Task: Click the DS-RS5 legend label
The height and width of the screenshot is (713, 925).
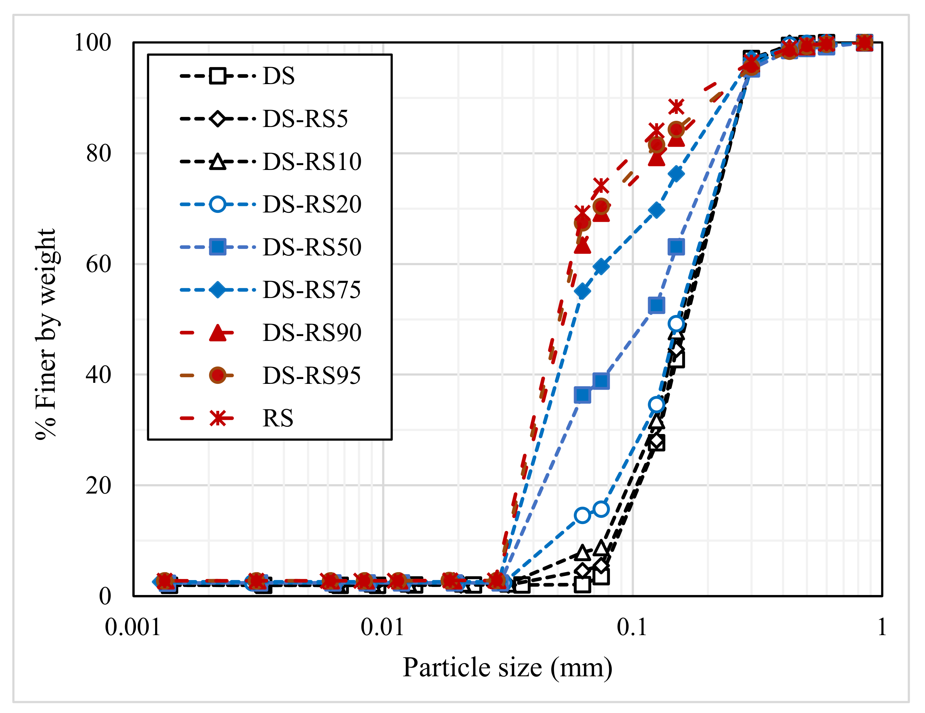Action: (x=305, y=119)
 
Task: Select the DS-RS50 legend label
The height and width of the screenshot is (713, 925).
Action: (x=312, y=247)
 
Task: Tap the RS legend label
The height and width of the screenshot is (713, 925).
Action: (x=278, y=418)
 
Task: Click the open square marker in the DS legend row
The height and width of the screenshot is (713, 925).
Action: (x=218, y=76)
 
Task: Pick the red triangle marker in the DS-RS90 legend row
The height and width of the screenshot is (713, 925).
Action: (x=218, y=333)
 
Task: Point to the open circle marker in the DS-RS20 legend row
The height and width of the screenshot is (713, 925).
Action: (x=218, y=205)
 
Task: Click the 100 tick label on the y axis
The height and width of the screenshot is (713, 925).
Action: (x=92, y=43)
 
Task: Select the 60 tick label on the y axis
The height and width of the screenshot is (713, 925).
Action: (x=98, y=264)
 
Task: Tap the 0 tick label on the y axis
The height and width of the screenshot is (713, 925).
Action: (x=105, y=596)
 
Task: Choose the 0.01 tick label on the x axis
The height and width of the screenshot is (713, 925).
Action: (x=383, y=627)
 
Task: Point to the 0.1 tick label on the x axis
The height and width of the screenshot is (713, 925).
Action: (x=632, y=627)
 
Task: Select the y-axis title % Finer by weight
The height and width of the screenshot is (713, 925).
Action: (x=46, y=334)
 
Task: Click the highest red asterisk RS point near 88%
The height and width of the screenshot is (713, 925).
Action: (x=676, y=107)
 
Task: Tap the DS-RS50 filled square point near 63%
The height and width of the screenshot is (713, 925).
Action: (x=676, y=246)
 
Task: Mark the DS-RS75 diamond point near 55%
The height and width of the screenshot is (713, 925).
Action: (x=583, y=291)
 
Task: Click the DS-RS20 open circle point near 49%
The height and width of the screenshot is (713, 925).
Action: (x=676, y=324)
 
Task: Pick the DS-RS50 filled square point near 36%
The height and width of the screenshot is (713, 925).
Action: (x=583, y=395)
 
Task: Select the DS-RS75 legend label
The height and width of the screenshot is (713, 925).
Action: (x=312, y=290)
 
